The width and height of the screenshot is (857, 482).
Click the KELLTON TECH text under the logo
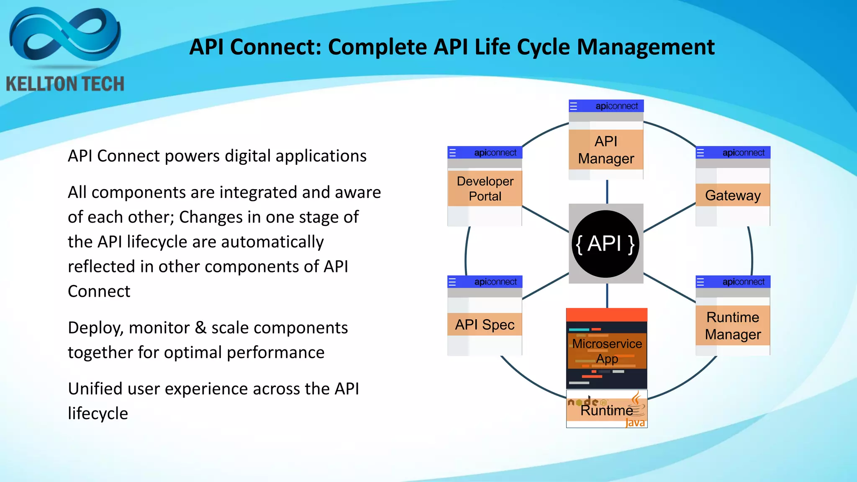pos(65,84)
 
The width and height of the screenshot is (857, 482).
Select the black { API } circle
pos(606,244)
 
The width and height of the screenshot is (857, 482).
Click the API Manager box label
pos(606,150)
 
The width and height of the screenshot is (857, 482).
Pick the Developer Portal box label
pos(485,188)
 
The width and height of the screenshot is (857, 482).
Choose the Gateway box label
pos(733,195)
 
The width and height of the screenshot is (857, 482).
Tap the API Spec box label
pos(485,324)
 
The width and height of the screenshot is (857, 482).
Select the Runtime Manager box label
pos(733,326)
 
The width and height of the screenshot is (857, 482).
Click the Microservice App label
pos(607,351)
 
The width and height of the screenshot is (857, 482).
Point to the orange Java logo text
pos(635,423)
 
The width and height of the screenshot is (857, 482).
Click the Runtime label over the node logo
pos(606,410)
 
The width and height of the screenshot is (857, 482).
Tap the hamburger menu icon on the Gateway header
pos(700,153)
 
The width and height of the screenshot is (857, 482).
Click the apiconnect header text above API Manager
pos(617,106)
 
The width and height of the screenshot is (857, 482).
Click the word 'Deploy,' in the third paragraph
pos(96,328)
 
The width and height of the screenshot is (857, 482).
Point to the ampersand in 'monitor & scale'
pos(201,328)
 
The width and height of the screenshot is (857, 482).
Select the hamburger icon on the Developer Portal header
pos(452,153)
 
